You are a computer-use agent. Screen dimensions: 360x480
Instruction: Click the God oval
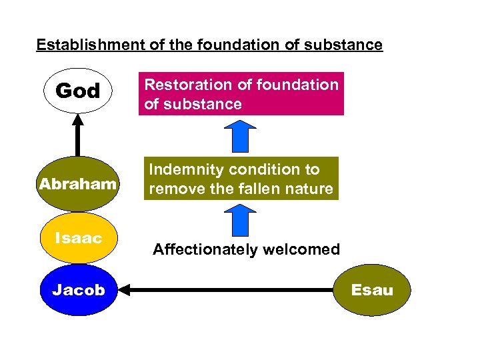click(x=78, y=91)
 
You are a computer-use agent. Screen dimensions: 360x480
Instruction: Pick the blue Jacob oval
click(x=78, y=290)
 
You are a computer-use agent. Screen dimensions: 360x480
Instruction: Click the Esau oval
click(x=372, y=290)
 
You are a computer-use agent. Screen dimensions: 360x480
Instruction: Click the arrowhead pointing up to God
click(x=78, y=119)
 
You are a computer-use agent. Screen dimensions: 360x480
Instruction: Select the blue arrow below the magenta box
click(x=241, y=136)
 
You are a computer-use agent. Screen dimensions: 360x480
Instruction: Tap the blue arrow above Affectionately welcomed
click(x=241, y=219)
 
